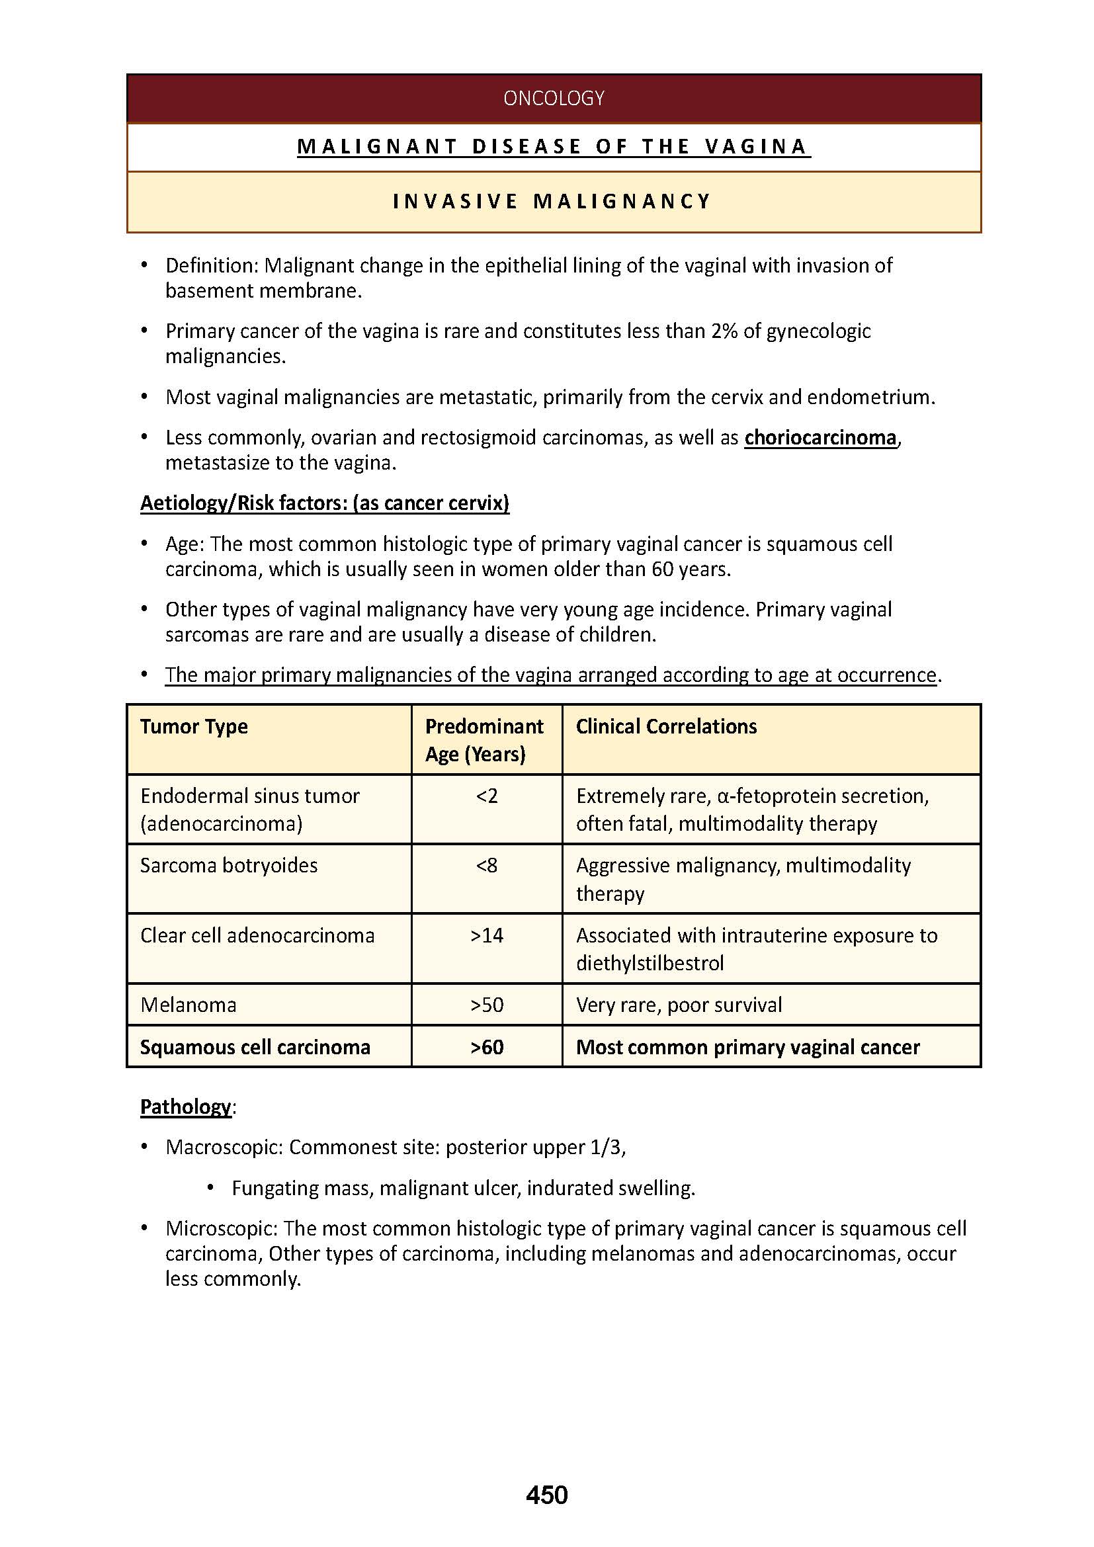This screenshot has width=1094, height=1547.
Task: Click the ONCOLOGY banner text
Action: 553,99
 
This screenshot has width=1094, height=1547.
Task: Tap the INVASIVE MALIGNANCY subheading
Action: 552,202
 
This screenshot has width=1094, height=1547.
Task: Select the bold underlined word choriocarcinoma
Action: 820,438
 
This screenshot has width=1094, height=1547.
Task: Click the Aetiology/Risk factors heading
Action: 325,503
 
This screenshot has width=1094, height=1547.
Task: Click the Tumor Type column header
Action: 194,726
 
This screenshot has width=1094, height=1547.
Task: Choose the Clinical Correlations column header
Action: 665,726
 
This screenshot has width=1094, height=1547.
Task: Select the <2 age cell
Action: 486,796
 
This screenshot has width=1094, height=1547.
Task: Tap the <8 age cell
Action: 486,866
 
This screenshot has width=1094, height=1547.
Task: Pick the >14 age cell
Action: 486,936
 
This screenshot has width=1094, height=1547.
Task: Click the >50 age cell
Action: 486,1005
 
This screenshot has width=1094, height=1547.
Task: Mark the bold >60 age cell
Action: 486,1047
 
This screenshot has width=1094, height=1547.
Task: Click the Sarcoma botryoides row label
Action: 228,866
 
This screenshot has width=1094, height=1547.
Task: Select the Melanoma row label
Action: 188,1005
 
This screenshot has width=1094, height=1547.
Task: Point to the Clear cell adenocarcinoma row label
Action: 257,936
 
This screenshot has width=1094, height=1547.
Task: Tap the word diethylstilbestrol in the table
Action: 650,964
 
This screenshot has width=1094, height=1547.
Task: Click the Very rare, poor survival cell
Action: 679,1005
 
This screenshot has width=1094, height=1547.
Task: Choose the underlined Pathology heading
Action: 185,1107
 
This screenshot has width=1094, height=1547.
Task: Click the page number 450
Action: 546,1495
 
